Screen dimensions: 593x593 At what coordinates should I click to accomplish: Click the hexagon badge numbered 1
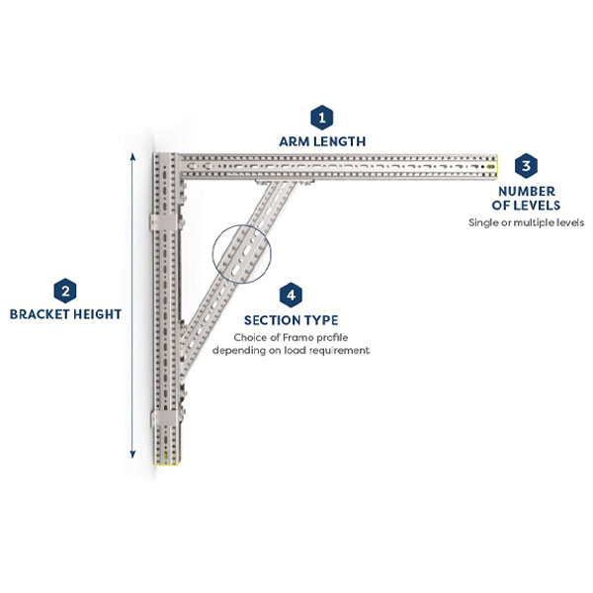coord(321,118)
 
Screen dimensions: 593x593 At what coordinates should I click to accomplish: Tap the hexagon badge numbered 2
coord(64,291)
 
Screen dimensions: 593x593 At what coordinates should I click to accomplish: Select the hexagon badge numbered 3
coord(528,165)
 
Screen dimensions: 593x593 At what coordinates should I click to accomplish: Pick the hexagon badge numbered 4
coord(291,295)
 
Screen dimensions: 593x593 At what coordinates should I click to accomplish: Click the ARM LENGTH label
coord(321,141)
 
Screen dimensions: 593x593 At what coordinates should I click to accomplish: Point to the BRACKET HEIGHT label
coord(65,314)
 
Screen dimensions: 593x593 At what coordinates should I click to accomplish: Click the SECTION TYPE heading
coord(291,320)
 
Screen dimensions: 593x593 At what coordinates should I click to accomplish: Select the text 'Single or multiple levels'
coord(527,222)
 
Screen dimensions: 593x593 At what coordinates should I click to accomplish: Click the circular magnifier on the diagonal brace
coord(240,254)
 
